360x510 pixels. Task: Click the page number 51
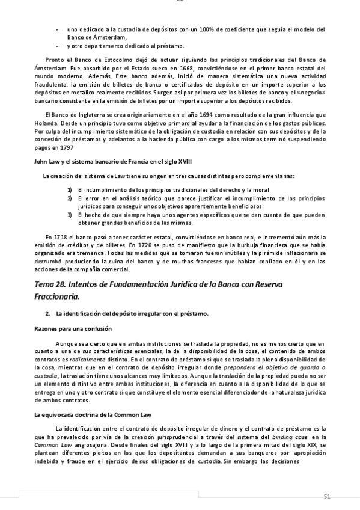(327, 496)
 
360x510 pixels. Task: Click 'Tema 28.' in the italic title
(53, 283)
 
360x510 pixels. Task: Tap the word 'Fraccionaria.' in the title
(56, 296)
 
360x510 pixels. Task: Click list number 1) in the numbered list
(70, 190)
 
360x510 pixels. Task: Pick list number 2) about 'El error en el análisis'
(70, 198)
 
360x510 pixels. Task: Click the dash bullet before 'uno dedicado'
(57, 29)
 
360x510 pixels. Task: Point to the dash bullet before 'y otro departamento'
(57, 46)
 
